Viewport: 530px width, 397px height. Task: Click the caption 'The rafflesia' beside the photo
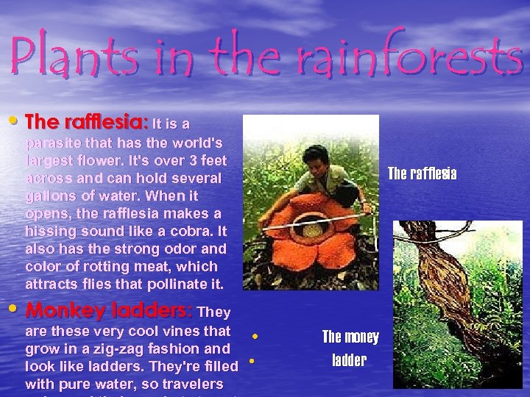pyautogui.click(x=423, y=174)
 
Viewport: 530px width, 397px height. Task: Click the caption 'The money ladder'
pyautogui.click(x=351, y=348)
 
